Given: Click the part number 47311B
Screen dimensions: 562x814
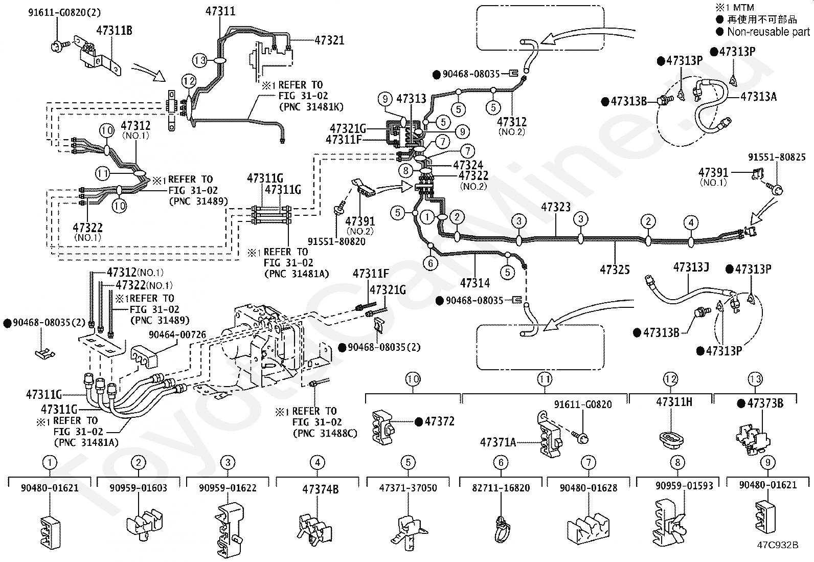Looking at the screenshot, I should pyautogui.click(x=114, y=31).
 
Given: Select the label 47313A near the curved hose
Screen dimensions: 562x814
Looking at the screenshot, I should pyautogui.click(x=758, y=96).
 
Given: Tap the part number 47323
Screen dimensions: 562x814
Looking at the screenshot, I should pyautogui.click(x=556, y=207).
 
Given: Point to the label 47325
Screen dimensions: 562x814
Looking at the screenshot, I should pyautogui.click(x=615, y=269).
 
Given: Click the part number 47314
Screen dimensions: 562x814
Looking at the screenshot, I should pyautogui.click(x=474, y=283).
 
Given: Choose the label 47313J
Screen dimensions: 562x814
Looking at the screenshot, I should pyautogui.click(x=691, y=267).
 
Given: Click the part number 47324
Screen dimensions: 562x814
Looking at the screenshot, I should pyautogui.click(x=467, y=165).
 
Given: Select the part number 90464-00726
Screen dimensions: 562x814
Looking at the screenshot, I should pyautogui.click(x=177, y=335).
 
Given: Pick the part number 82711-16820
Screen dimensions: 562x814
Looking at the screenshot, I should pyautogui.click(x=501, y=488).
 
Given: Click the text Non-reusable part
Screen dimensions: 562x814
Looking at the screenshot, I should pyautogui.click(x=768, y=32).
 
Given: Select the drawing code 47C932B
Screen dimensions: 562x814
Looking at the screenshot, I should pyautogui.click(x=778, y=545).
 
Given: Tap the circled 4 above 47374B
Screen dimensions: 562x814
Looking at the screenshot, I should pyautogui.click(x=318, y=463).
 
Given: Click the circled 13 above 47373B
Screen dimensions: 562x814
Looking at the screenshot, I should pyautogui.click(x=755, y=379).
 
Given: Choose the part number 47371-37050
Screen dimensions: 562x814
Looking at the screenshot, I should pyautogui.click(x=408, y=488).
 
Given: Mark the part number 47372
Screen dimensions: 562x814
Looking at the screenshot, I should pyautogui.click(x=439, y=421).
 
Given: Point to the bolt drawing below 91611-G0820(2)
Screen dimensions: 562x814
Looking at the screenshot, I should pyautogui.click(x=57, y=47).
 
